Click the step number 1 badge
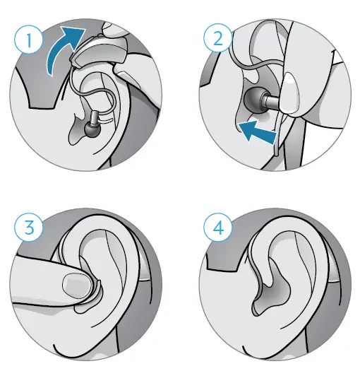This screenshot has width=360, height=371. pos(29,41)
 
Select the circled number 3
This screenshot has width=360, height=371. pos(29,228)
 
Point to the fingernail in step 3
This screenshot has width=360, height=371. pos(76,286)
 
